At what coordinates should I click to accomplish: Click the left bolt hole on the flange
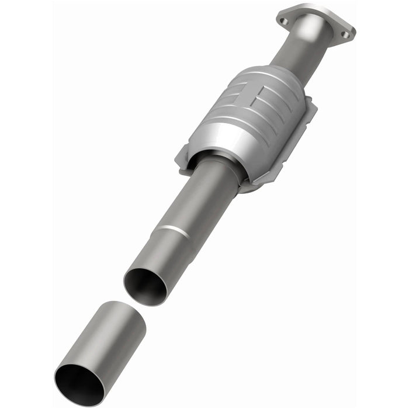pos(285,21)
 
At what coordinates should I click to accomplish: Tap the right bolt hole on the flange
pos(345,34)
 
